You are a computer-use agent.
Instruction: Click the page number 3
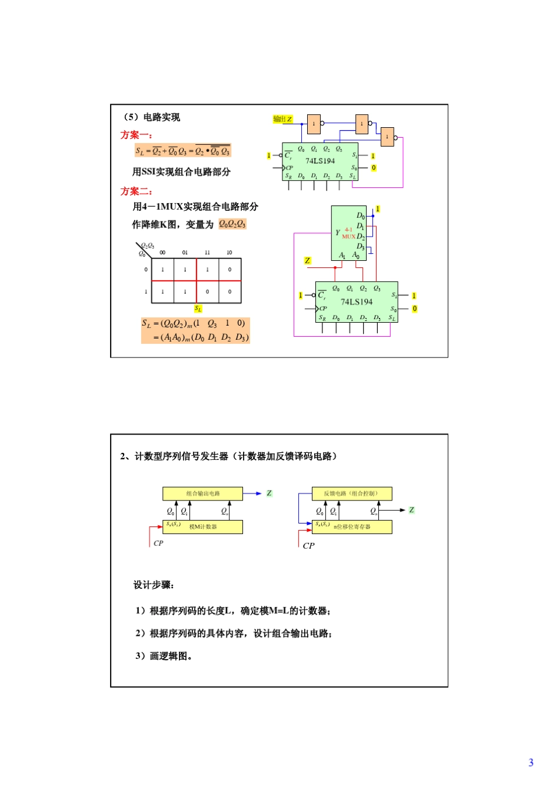click(531, 763)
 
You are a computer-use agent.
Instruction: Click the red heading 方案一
click(136, 135)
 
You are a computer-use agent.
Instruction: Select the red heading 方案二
click(136, 191)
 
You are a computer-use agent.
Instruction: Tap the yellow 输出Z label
click(282, 119)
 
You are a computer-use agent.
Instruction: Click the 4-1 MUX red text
click(349, 233)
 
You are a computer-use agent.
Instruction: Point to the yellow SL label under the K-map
click(198, 309)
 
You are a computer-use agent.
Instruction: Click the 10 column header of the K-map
click(229, 253)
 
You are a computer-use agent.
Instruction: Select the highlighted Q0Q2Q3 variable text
click(232, 224)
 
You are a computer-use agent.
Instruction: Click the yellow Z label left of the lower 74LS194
click(307, 260)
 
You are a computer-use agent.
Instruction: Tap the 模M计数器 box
click(203, 527)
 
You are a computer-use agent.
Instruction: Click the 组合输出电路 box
click(202, 493)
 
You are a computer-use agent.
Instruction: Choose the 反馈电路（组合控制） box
click(351, 493)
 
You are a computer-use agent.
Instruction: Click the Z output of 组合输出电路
click(269, 493)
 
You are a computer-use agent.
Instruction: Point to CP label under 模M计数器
click(158, 543)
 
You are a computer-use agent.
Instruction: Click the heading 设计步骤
click(154, 585)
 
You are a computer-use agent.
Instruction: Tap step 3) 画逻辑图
click(164, 656)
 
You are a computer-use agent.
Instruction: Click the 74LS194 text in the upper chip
click(320, 161)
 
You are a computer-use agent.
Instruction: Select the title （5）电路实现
click(151, 117)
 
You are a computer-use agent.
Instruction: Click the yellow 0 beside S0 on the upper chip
click(374, 168)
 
